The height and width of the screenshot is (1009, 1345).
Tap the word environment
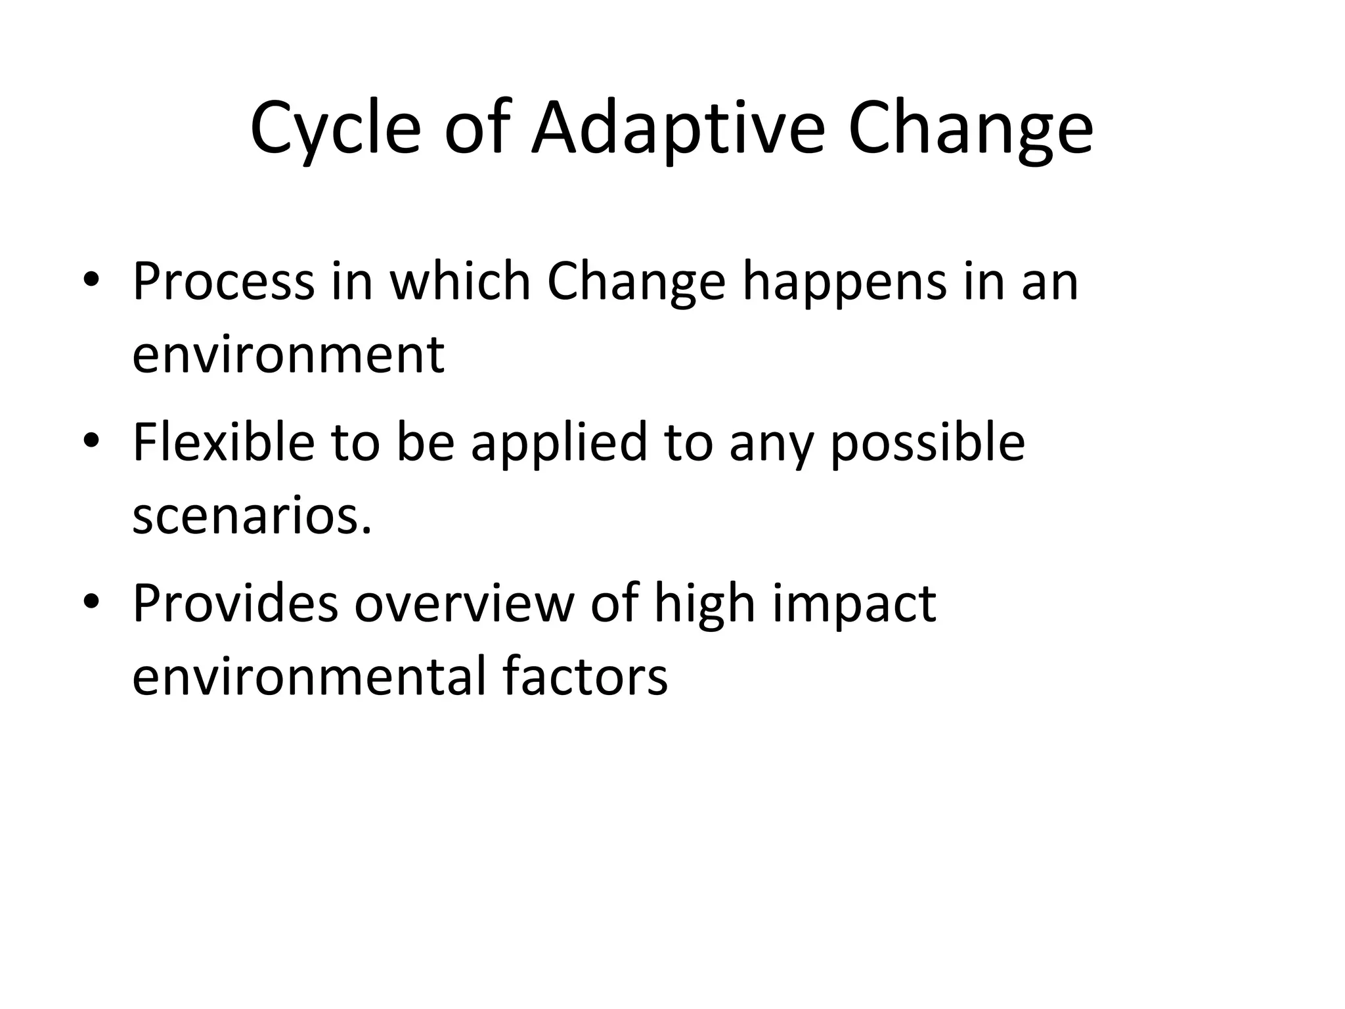(x=288, y=355)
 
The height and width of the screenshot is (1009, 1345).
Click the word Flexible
(x=223, y=441)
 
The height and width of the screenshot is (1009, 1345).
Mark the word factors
(x=585, y=675)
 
